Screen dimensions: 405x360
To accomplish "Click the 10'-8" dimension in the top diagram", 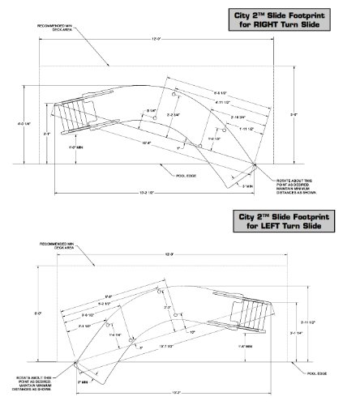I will click(147, 143).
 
